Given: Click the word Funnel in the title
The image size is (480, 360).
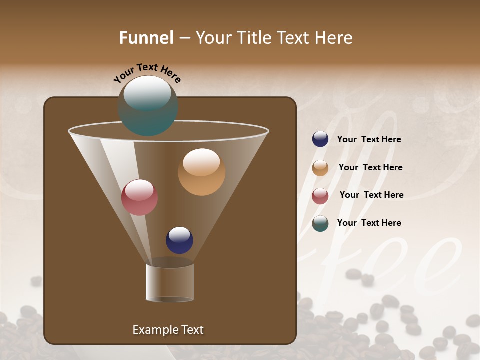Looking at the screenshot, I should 146,38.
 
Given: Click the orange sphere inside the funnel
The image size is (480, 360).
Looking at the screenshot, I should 201,172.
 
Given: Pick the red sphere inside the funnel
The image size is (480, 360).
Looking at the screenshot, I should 139,197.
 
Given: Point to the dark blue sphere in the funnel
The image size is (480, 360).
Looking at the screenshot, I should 179,240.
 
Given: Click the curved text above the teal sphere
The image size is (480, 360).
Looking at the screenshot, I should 147,73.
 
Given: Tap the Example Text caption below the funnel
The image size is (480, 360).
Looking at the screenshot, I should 168,330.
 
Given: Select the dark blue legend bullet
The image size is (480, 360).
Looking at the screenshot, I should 320,139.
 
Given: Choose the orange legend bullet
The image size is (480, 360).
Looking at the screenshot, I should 320,168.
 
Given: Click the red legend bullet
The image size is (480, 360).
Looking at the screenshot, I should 320,196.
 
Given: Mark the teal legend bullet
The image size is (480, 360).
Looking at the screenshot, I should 320,223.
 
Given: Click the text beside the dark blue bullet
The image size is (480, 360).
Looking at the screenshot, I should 369,140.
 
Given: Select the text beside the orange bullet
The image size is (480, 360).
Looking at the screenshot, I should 370,167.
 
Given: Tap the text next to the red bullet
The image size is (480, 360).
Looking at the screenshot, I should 371,195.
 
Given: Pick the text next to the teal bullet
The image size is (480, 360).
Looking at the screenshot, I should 369,223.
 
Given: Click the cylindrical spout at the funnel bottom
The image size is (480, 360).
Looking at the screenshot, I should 170,283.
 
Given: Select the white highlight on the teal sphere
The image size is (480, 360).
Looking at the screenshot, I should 147,93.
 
